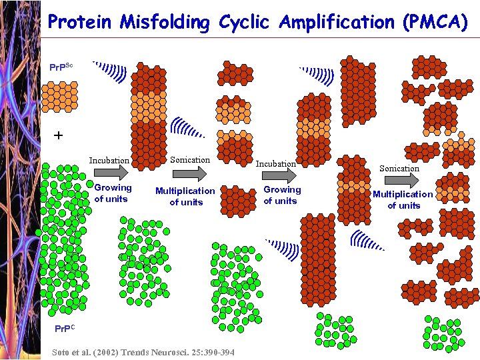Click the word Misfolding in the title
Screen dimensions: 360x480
(x=165, y=22)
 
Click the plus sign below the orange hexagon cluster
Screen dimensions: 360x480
(x=59, y=135)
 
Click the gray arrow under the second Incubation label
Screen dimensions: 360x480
(x=279, y=175)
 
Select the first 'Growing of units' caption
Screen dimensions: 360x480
(x=113, y=193)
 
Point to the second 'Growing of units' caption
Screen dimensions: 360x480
(x=282, y=195)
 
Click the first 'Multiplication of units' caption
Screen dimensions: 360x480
(x=185, y=196)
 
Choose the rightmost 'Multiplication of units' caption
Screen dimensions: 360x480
(x=403, y=199)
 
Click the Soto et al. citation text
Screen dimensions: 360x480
(x=143, y=351)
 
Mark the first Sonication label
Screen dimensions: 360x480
(x=189, y=159)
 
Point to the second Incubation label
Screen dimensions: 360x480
(x=276, y=163)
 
